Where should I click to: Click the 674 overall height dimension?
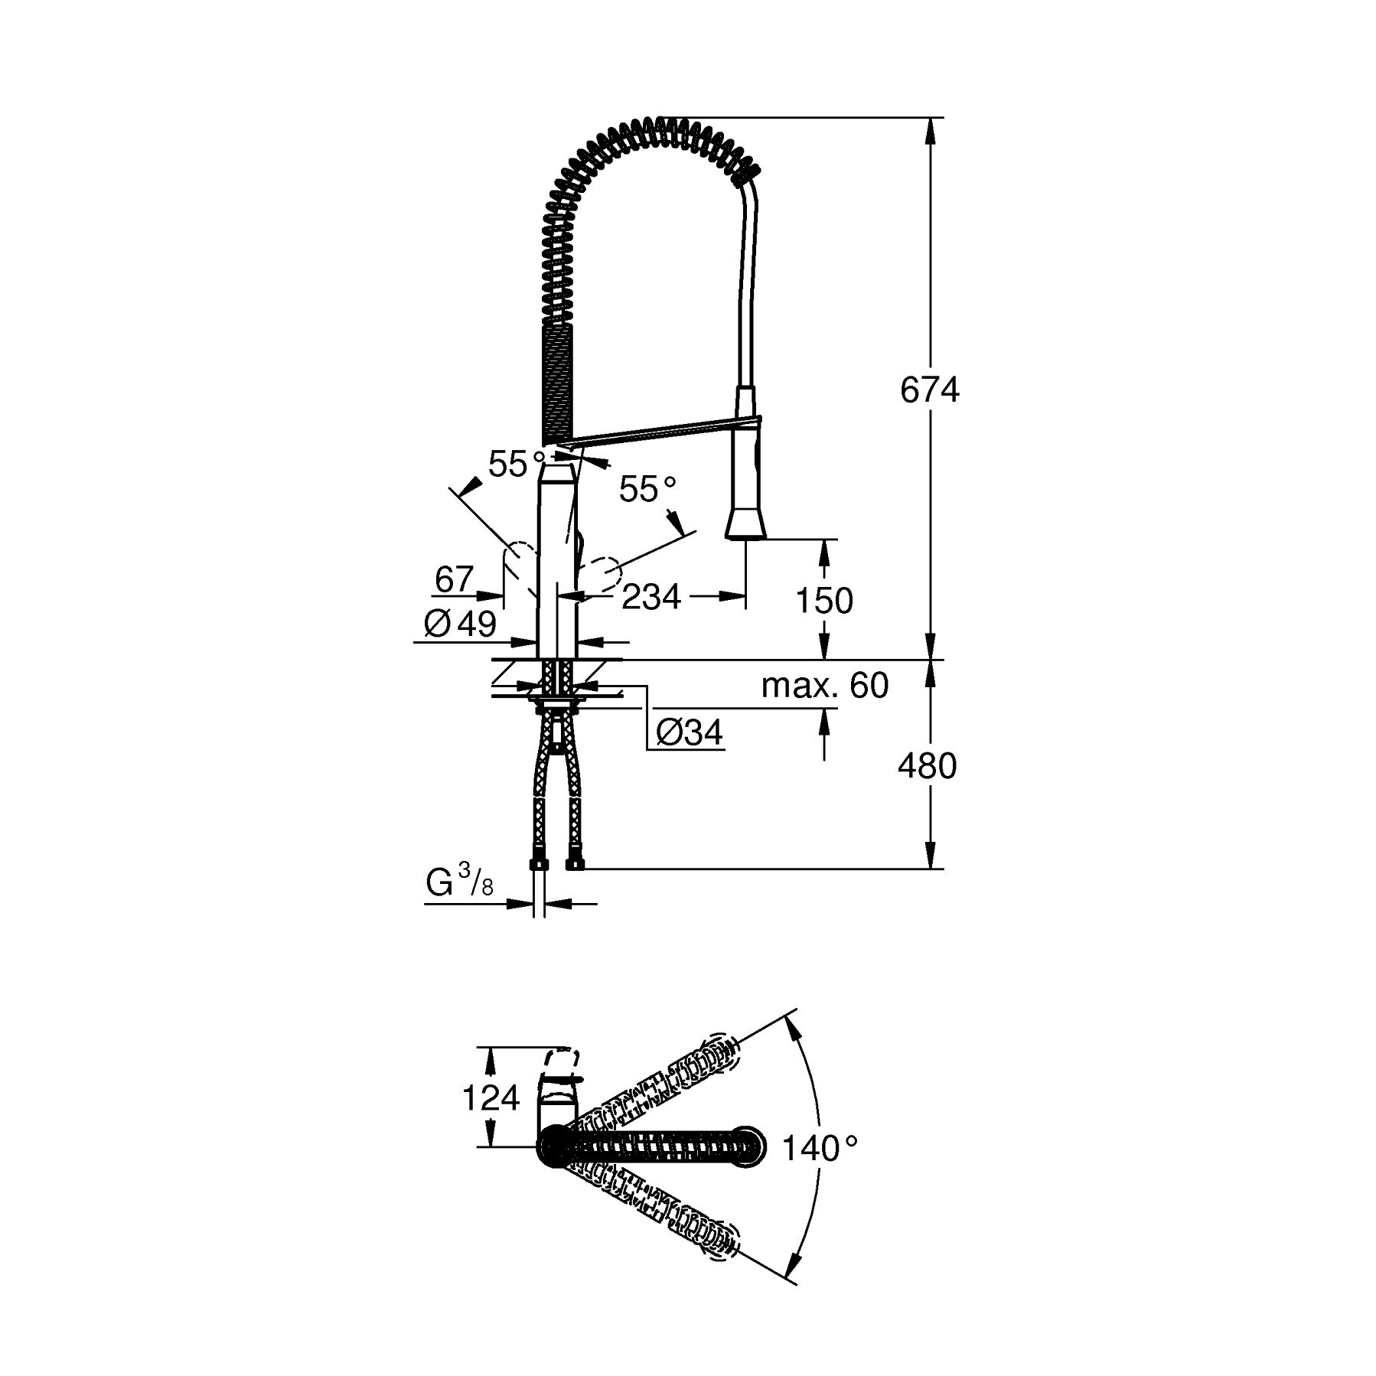(x=928, y=390)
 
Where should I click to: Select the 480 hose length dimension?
(x=927, y=765)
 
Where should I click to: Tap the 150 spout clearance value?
(x=824, y=601)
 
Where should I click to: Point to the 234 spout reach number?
(x=651, y=597)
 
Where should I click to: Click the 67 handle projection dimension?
(x=455, y=579)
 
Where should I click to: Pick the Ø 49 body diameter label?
(x=460, y=624)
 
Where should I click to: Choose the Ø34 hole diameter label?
(x=689, y=734)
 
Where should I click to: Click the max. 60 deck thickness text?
(x=824, y=686)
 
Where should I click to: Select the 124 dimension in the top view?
(x=491, y=1099)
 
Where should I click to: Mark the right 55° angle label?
(x=647, y=490)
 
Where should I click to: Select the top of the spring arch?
(x=662, y=122)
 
